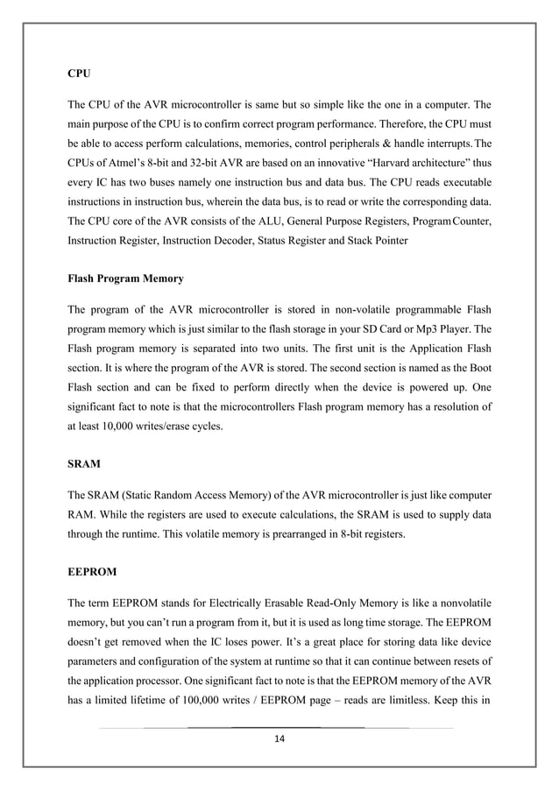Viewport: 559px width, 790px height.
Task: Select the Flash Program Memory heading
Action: pyautogui.click(x=125, y=279)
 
